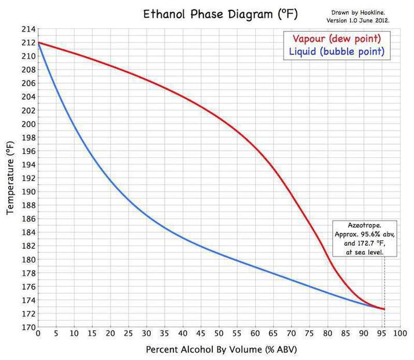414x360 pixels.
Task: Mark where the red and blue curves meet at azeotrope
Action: coord(384,309)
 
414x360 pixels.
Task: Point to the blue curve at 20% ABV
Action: coord(110,179)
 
